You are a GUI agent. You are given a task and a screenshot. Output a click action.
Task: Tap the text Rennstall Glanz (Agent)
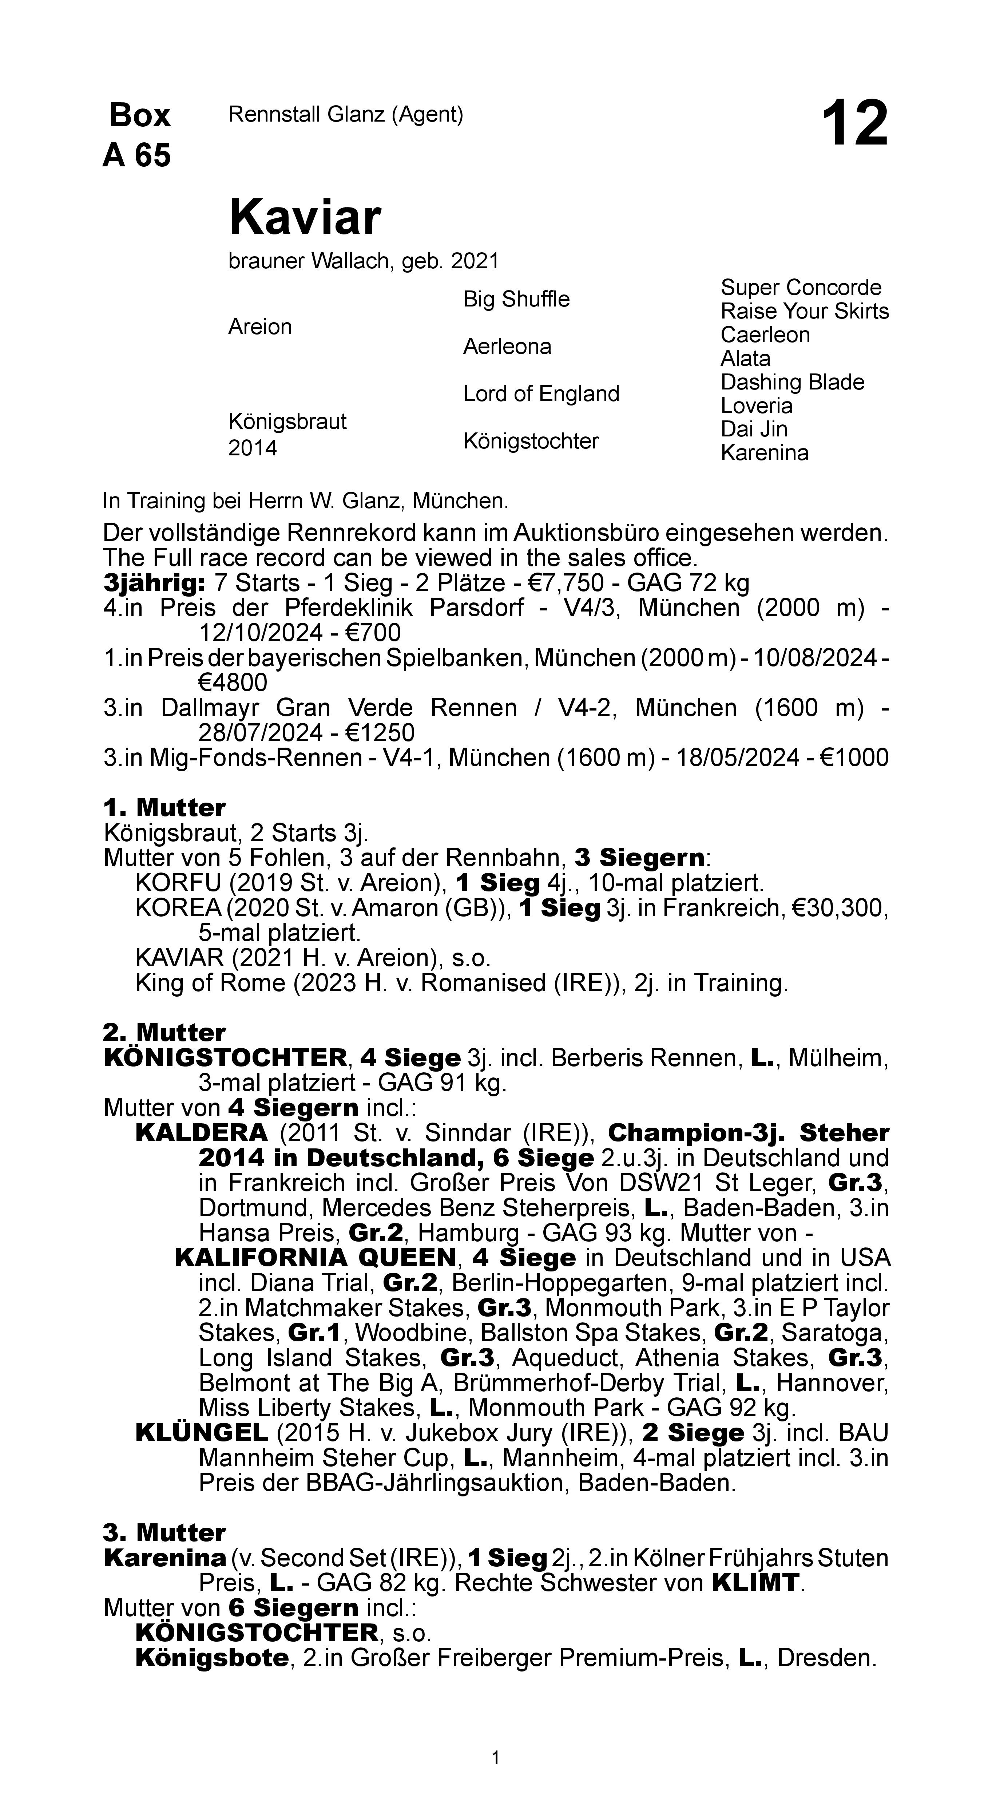[345, 114]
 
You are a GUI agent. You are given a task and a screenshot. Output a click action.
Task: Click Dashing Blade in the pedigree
[792, 382]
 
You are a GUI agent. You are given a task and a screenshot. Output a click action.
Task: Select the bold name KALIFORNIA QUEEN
[315, 1258]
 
